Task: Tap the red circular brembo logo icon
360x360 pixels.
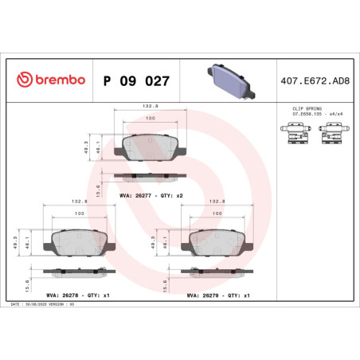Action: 24,80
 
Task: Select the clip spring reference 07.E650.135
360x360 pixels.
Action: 302,112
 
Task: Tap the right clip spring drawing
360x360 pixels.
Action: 330,135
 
